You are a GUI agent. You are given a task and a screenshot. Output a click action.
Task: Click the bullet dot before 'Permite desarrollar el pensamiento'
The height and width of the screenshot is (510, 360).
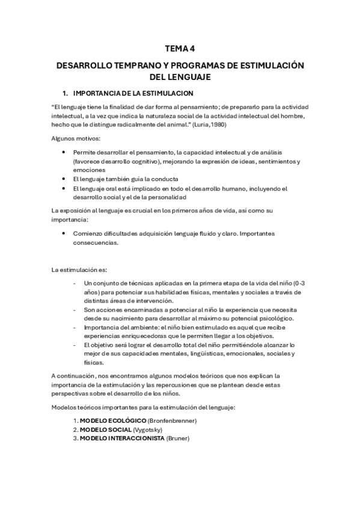64,153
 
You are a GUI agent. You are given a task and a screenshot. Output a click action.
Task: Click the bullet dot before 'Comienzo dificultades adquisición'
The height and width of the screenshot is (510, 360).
64,232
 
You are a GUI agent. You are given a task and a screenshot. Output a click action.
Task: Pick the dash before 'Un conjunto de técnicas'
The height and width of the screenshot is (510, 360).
74,283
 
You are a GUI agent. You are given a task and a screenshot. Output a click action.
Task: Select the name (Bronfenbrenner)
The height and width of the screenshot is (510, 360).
171,420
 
